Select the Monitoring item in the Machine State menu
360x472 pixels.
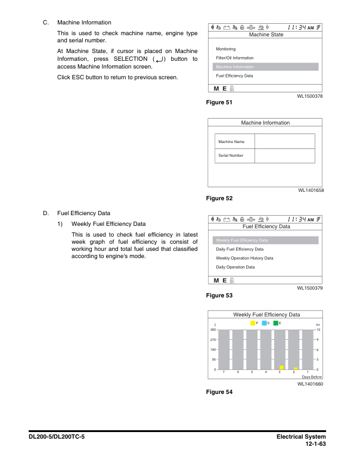pyautogui.click(x=226, y=49)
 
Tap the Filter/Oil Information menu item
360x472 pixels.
pyautogui.click(x=234, y=58)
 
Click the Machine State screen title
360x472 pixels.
pyautogui.click(x=266, y=35)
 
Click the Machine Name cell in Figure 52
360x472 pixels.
pyautogui.click(x=231, y=141)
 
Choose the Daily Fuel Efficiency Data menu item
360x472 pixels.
pyautogui.click(x=240, y=249)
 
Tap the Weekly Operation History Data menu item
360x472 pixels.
pyautogui.click(x=244, y=258)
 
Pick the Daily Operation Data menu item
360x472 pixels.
pyautogui.click(x=235, y=267)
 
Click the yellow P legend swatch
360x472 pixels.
pyautogui.click(x=253, y=323)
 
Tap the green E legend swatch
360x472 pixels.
pyautogui.click(x=276, y=323)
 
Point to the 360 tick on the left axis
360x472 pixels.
pyautogui.click(x=212, y=330)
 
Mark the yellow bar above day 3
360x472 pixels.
pyautogui.click(x=281, y=368)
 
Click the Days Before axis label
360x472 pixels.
pyautogui.click(x=312, y=377)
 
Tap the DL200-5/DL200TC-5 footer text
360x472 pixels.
pyautogui.click(x=58, y=437)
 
